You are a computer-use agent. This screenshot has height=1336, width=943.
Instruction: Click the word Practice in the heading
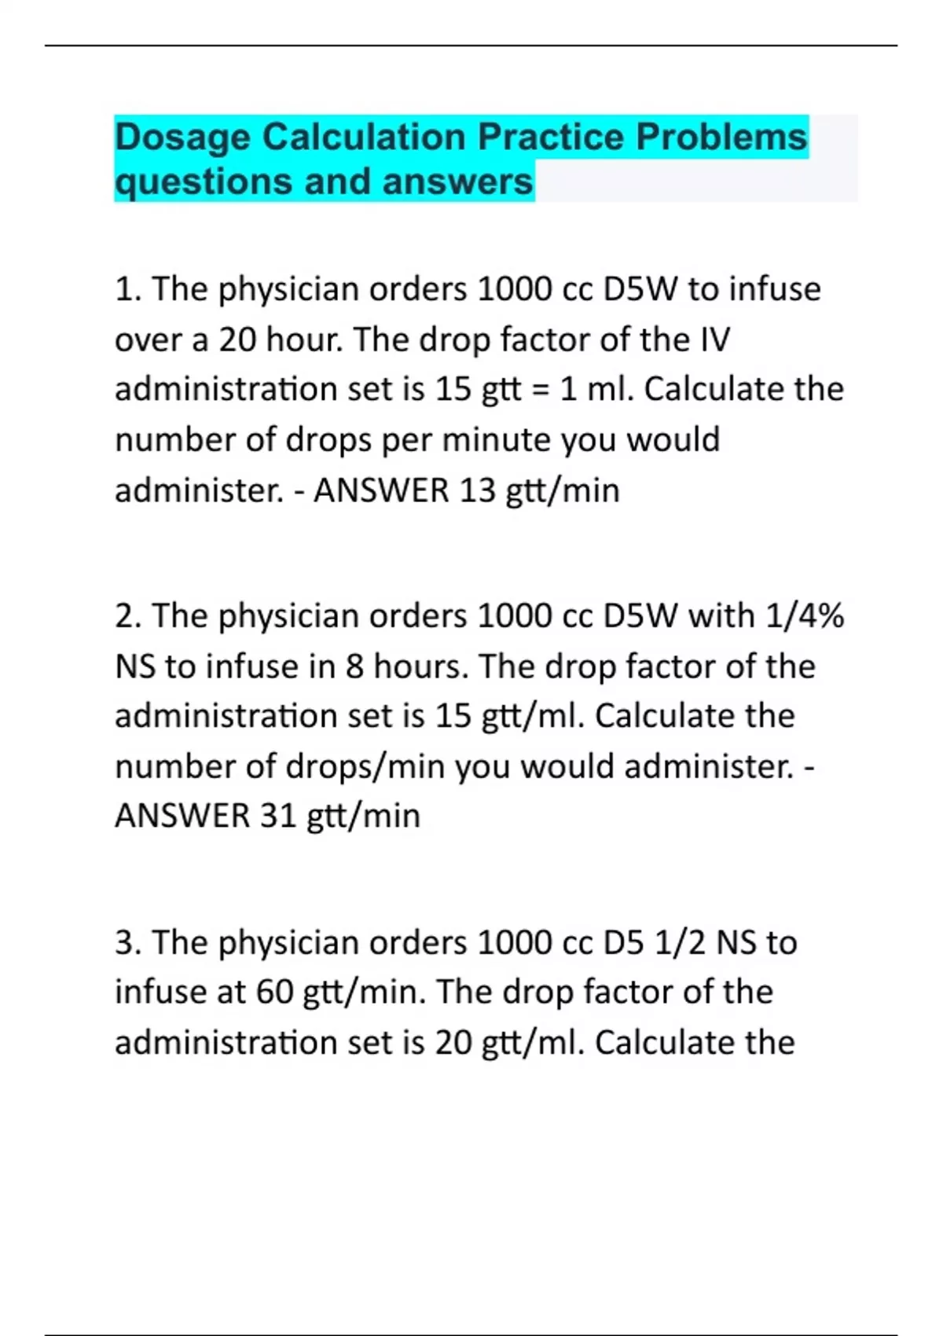coord(550,137)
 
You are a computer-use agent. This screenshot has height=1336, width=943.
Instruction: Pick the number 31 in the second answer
coord(278,817)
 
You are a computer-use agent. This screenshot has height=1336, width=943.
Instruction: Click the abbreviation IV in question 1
coord(714,340)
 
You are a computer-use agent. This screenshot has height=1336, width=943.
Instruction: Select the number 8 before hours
coord(355,667)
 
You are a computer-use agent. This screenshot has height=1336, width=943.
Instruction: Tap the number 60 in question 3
coord(274,993)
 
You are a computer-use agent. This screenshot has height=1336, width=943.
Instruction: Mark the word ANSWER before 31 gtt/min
coord(182,817)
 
